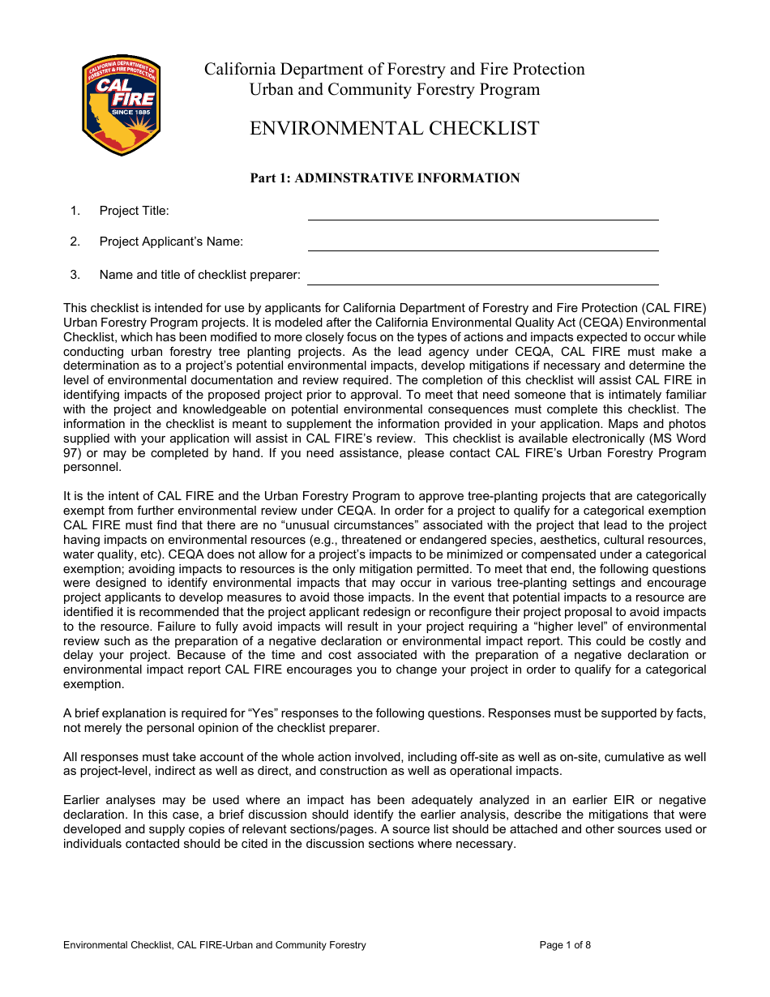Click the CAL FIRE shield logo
tap(122, 105)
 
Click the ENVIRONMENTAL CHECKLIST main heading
tap(394, 128)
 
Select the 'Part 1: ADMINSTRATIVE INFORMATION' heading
tap(384, 178)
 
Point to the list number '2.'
tap(75, 242)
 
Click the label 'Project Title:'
tap(134, 211)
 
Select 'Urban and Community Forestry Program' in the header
tap(394, 90)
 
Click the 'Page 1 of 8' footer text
tap(565, 945)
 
